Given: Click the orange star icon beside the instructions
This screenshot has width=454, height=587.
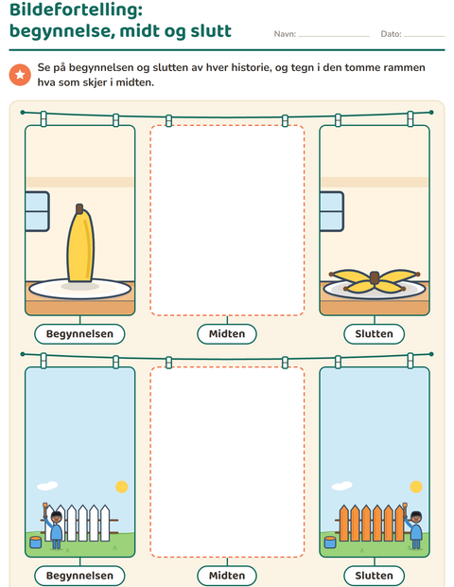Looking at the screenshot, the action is point(20,75).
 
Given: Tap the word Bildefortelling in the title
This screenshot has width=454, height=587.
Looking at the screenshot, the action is point(76,9).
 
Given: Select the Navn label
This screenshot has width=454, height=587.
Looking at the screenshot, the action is point(285,34).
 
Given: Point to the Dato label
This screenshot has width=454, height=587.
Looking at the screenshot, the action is point(391,34).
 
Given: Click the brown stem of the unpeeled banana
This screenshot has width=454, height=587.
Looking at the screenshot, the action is point(79,208).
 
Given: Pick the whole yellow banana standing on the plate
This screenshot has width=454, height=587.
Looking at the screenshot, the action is point(80,243).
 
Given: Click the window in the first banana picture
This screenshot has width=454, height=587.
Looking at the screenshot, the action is point(37,211).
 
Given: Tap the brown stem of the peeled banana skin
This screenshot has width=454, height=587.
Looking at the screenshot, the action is point(375,277).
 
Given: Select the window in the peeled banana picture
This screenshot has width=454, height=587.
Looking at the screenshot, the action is point(331,211).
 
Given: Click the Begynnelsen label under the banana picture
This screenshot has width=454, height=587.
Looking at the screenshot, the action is point(79,334).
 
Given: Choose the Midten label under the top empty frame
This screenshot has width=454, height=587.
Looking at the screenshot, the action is point(227,334).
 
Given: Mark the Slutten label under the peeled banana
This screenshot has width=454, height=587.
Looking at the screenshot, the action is point(374,334).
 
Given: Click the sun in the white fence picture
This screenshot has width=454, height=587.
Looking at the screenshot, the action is point(122,487).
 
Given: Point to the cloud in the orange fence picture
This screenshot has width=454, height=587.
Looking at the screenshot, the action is point(341,486).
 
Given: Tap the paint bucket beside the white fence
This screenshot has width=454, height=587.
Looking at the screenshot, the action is point(36,543).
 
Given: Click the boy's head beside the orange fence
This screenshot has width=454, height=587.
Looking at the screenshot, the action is point(416,518).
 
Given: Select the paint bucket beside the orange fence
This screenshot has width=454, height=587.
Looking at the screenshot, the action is point(330,543).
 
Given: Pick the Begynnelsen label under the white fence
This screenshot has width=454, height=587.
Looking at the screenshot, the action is point(79,576).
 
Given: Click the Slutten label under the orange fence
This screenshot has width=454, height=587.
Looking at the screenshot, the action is point(374,576).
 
